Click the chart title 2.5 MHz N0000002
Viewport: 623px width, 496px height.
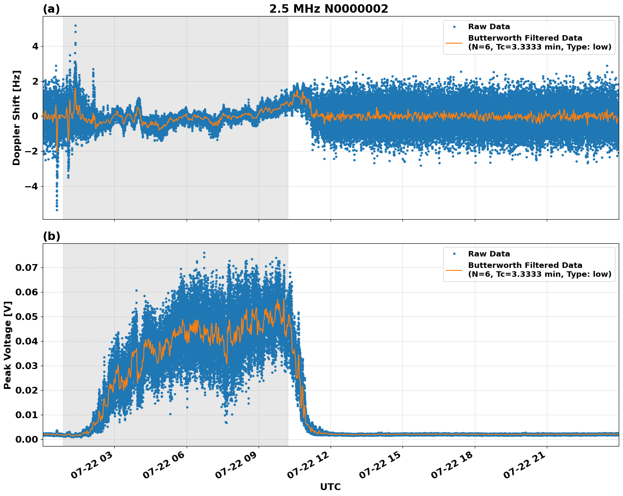328,9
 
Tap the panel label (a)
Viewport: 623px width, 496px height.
51,9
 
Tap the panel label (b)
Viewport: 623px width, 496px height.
51,236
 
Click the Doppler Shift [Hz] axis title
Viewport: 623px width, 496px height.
17,118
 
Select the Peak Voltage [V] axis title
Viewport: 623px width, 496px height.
8,345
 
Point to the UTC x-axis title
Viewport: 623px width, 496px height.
330,487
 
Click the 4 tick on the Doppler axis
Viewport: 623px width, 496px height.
35,46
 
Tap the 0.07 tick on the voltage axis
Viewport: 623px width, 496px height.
27,267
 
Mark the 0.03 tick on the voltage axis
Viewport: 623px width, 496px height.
27,366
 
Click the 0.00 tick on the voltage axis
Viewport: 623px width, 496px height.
27,439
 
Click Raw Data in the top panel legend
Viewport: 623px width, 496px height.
489,27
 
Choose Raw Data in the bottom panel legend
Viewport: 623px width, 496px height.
489,254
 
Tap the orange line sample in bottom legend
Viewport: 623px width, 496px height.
454,270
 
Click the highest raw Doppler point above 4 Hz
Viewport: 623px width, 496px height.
75,26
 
